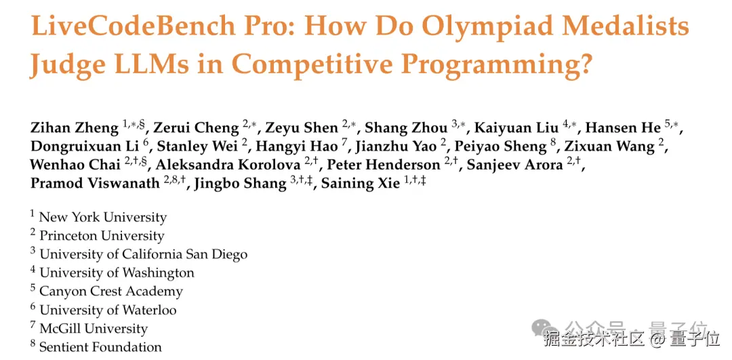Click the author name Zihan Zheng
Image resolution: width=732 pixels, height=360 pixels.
coord(75,128)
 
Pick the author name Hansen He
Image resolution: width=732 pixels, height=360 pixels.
coord(624,127)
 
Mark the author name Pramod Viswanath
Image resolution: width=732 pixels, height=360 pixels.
coord(96,184)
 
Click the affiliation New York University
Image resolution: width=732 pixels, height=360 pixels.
coord(103,217)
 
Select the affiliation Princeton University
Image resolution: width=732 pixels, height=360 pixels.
coord(102,236)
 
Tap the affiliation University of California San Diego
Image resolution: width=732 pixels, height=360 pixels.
coord(143,254)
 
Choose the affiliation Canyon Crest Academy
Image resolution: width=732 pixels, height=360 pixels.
coord(111,292)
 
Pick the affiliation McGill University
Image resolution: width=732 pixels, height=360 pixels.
coord(94,329)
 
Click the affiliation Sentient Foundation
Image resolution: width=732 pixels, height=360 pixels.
coord(100,347)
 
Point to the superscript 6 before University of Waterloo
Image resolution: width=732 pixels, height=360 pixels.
coord(33,306)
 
